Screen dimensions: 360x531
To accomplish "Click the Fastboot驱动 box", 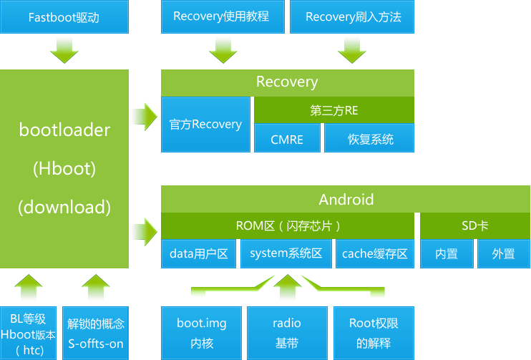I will coord(64,16).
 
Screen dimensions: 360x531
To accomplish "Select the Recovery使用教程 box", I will coord(221,16).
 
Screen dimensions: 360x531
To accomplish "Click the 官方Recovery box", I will coord(205,125).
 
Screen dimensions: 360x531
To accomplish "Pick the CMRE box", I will coord(287,139).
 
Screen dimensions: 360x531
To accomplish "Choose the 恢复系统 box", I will coord(370,139).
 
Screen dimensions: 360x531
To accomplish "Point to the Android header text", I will coord(346,199).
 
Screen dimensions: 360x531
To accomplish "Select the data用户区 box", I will coord(198,254).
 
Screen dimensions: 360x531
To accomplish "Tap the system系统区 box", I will coord(286,254).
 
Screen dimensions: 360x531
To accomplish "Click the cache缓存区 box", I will coord(374,254).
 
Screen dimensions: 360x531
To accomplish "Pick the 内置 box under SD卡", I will coord(447,254).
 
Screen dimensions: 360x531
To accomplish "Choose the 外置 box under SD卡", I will coord(503,254).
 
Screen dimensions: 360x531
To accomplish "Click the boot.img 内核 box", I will coord(201,333).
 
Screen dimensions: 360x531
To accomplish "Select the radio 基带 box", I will coord(287,333).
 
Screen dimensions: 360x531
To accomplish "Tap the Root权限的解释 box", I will coord(374,333).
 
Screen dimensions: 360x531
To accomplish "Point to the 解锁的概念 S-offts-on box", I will coord(96,333).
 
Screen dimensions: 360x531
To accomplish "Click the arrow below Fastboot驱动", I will coord(64,50).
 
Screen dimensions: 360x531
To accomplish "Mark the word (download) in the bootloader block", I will coord(64,208).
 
